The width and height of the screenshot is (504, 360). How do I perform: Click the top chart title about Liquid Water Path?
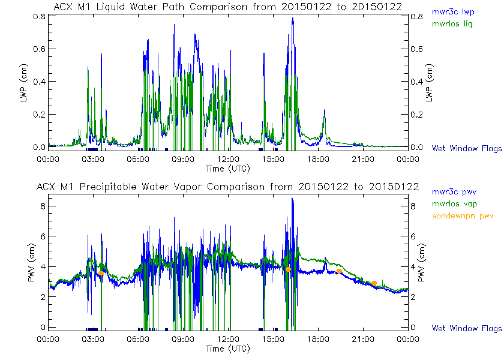227,7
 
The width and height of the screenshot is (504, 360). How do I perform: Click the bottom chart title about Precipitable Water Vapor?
227,187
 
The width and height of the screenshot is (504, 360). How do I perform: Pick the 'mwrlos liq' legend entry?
451,24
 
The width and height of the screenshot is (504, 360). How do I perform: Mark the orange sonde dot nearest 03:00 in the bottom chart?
101,273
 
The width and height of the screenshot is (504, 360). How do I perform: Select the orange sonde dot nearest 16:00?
289,269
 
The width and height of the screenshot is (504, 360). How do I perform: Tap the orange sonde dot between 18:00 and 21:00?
340,271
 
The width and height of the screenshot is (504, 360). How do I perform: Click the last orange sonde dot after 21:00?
374,283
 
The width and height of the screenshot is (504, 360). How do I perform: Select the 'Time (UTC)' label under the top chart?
227,168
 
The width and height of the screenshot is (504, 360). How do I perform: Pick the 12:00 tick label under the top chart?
228,159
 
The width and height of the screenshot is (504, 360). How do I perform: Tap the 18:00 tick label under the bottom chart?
318,340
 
